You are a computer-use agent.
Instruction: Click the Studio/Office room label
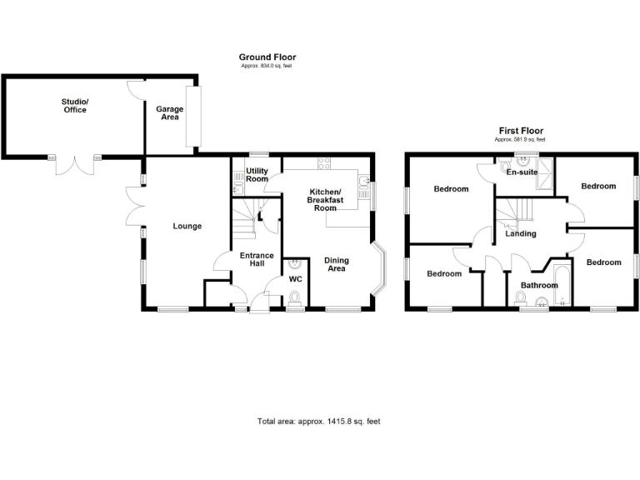[x=74, y=106]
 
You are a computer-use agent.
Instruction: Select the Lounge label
[x=187, y=226]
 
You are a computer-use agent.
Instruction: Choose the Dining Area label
[x=336, y=264]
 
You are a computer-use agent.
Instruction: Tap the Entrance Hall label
[x=252, y=259]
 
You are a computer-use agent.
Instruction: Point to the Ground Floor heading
[x=267, y=57]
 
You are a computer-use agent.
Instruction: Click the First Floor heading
[x=521, y=131]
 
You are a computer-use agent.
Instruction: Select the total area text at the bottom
[x=319, y=422]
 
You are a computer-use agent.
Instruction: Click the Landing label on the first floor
[x=521, y=233]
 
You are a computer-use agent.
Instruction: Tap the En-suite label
[x=522, y=174]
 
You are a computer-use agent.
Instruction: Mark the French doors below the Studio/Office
[x=75, y=165]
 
